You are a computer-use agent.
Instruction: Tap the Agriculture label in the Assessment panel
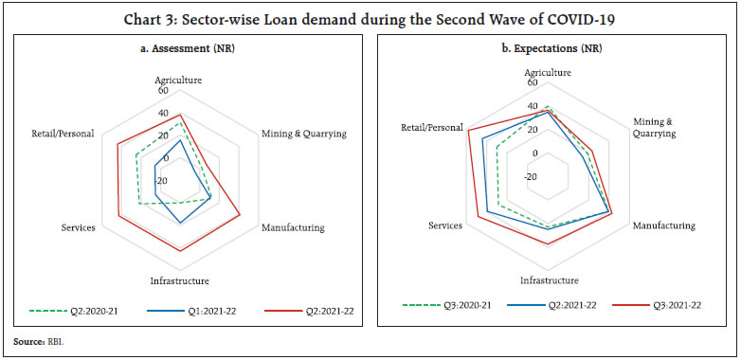pyautogui.click(x=179, y=81)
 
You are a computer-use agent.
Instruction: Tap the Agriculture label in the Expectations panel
pyautogui.click(x=547, y=72)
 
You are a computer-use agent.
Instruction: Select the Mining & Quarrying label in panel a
pyautogui.click(x=303, y=134)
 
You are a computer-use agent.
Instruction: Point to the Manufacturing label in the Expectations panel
pyautogui.click(x=663, y=225)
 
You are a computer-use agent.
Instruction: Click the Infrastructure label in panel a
pyautogui.click(x=179, y=280)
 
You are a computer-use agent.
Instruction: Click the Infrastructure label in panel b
pyautogui.click(x=549, y=280)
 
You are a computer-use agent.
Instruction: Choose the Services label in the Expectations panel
pyautogui.click(x=444, y=225)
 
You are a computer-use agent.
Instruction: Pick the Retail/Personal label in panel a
pyautogui.click(x=63, y=134)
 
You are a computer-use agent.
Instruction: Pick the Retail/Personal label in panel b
pyautogui.click(x=432, y=127)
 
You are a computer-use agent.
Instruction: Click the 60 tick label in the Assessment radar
pyautogui.click(x=177, y=92)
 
